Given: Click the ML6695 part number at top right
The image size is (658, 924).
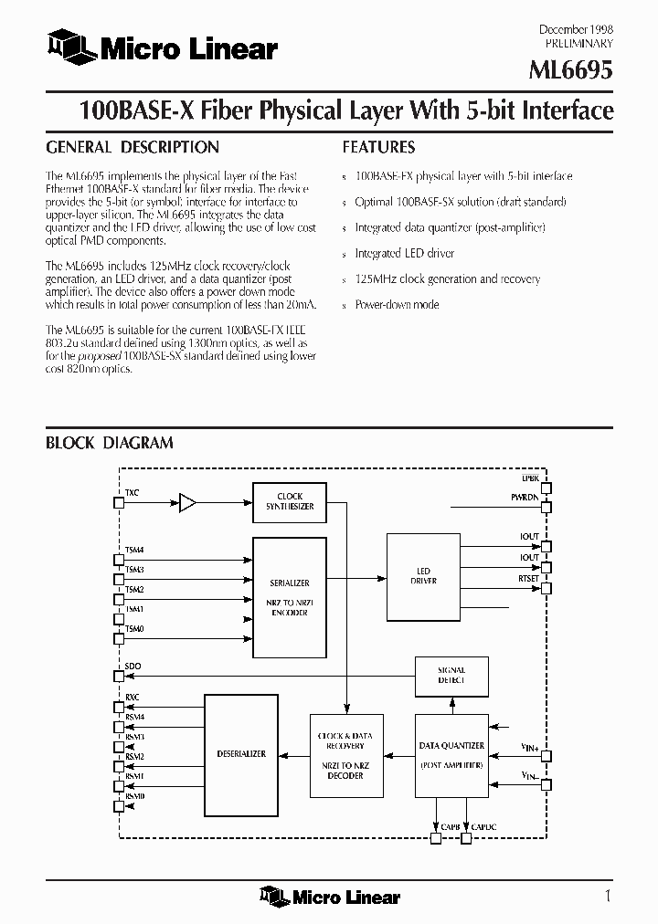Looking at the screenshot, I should (x=571, y=69).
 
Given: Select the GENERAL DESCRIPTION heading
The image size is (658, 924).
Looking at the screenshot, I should (x=133, y=147).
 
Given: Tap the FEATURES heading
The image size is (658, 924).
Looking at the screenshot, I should (x=378, y=147).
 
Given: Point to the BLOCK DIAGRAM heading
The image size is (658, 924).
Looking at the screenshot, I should (x=110, y=443).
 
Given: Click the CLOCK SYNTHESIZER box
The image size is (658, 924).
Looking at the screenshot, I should (x=290, y=501).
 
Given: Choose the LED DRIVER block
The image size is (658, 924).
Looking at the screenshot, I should (x=423, y=576).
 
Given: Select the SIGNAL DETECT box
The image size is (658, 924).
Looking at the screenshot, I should (x=451, y=675).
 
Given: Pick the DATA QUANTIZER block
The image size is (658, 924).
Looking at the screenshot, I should (x=451, y=754).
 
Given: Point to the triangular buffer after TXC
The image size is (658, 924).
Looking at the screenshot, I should (x=187, y=501).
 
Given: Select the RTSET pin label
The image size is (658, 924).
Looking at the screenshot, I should (x=528, y=577).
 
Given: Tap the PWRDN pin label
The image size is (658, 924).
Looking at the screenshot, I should (x=525, y=497).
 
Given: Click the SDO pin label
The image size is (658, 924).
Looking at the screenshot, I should (x=133, y=667).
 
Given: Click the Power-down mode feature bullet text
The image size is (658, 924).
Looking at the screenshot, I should (x=398, y=305).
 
